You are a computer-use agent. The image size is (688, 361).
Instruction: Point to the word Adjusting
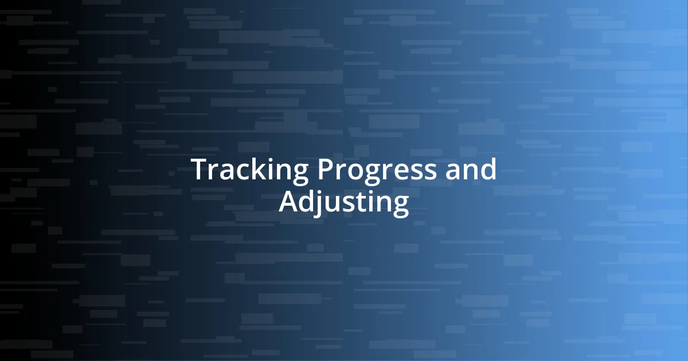point(344,203)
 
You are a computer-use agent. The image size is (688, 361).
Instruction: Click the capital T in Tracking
point(200,170)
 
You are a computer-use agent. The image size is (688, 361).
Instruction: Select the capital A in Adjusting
point(289,203)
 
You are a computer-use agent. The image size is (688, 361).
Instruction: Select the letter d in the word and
point(487,170)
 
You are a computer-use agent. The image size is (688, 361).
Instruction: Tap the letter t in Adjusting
point(361,204)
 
